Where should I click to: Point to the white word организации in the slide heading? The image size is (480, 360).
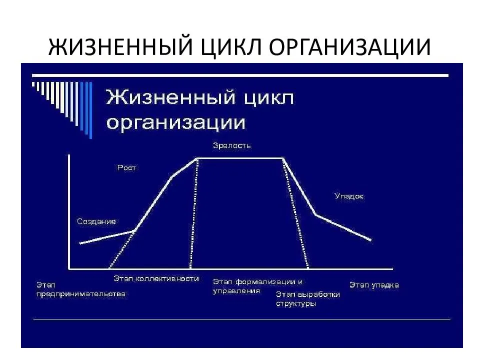tap(175, 123)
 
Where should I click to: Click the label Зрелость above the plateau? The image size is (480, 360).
tap(231, 145)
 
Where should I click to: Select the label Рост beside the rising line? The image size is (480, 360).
tap(126, 168)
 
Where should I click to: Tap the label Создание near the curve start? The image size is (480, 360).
tap(96, 221)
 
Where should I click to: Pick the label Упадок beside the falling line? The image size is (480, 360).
tap(348, 196)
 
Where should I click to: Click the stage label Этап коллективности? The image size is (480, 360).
tap(156, 278)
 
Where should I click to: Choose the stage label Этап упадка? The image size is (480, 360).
tap(374, 285)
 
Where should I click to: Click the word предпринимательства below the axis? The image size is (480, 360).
tap(81, 294)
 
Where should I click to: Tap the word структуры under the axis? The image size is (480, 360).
tap(295, 303)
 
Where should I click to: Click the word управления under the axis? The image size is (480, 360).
tap(236, 291)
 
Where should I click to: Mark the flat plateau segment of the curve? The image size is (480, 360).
tap(239, 158)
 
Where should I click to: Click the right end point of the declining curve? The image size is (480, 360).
tap(370, 240)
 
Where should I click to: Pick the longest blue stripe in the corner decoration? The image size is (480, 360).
tap(90, 110)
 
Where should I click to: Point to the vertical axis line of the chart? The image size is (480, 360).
tap(69, 212)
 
